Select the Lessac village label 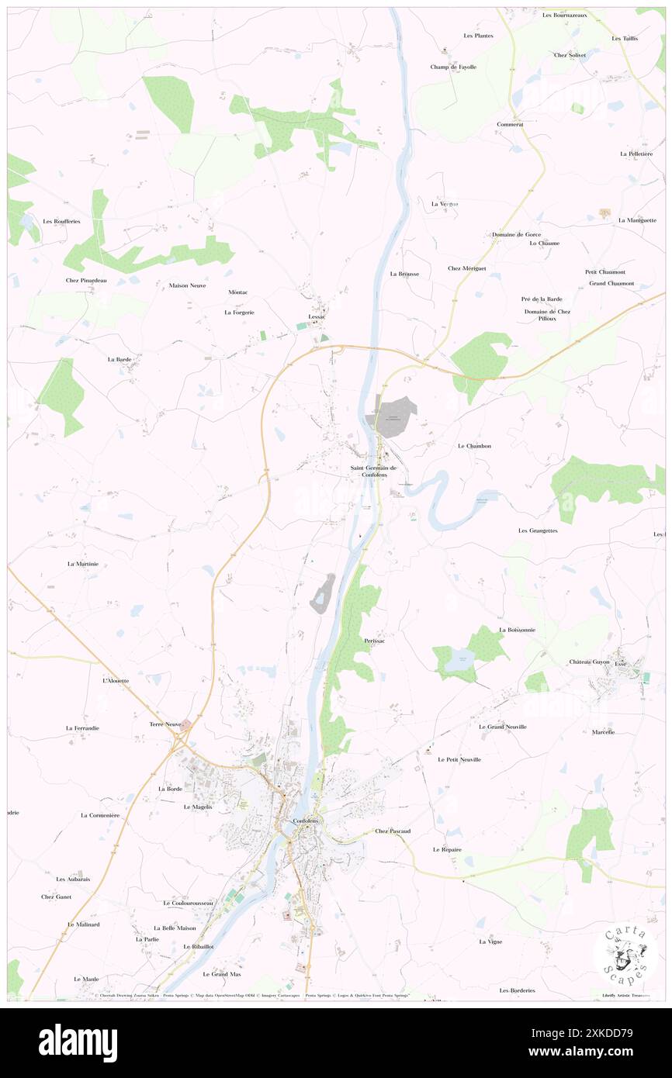click(x=317, y=316)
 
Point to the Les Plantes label click(x=479, y=36)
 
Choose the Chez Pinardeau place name click(x=92, y=280)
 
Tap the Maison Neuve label click(x=186, y=285)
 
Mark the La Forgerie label click(x=239, y=313)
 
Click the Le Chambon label click(x=474, y=446)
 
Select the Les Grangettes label click(x=538, y=530)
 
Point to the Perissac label click(x=374, y=641)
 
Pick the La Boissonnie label click(x=518, y=630)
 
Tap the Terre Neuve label click(x=165, y=724)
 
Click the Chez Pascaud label click(x=393, y=831)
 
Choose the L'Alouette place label click(x=116, y=680)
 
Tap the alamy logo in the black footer click(x=78, y=1042)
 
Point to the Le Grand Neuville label click(x=502, y=727)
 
